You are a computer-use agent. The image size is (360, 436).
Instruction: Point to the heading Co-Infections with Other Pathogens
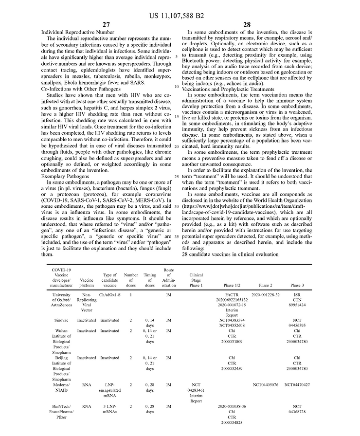[79, 90]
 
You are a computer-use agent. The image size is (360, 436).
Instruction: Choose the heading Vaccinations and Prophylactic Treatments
[223, 90]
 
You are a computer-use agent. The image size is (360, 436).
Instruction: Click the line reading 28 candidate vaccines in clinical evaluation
[230, 254]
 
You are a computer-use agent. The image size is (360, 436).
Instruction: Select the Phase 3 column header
[296, 285]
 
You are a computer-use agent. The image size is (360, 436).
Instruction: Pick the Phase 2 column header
[265, 285]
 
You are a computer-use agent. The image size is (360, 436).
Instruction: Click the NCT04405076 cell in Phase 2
[266, 384]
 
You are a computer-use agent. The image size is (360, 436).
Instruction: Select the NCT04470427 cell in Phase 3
[297, 384]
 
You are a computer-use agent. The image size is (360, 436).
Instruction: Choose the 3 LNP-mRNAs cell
[109, 408]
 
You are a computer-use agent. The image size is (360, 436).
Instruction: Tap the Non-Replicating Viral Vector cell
[87, 302]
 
